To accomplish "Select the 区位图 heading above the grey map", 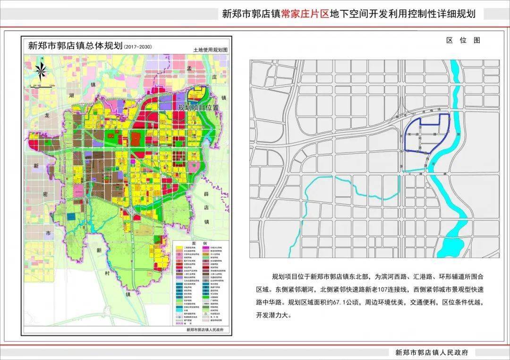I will (463, 40).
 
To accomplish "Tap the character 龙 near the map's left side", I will (47, 114).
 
